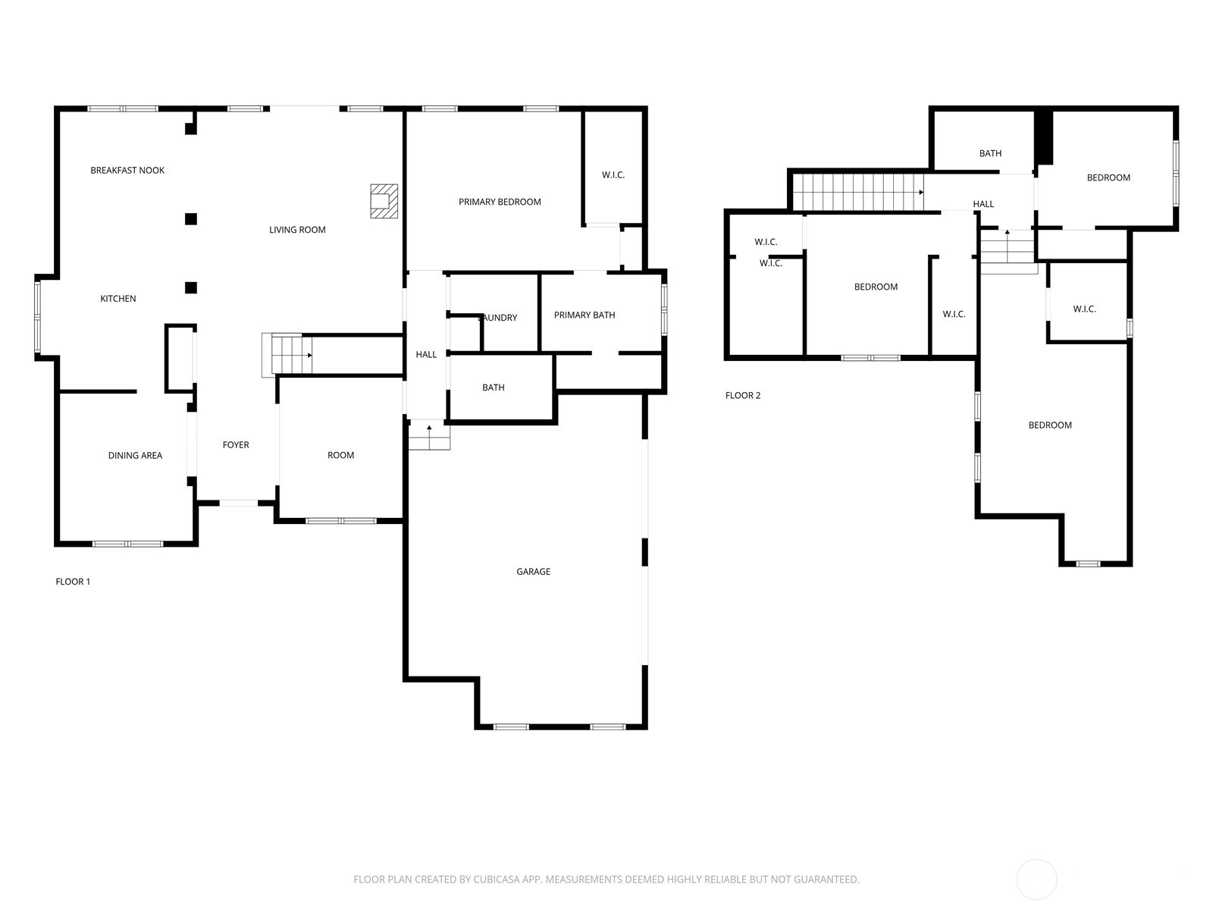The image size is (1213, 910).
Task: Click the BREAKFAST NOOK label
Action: [x=127, y=170]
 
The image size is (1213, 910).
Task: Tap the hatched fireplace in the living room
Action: [x=384, y=201]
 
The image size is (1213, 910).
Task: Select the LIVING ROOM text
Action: [x=297, y=230]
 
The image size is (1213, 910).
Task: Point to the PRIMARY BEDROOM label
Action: [x=500, y=202]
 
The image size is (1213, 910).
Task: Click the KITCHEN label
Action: [x=118, y=299]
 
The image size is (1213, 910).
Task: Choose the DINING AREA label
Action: [x=136, y=456]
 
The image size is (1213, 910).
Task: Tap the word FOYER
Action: [x=236, y=445]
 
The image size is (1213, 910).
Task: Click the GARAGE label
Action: [x=533, y=572]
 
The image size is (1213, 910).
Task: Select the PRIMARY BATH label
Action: [x=585, y=315]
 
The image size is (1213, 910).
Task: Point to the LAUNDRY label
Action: [x=498, y=318]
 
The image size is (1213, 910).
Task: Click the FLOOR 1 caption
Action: [x=72, y=582]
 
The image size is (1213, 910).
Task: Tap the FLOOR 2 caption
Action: [x=743, y=396]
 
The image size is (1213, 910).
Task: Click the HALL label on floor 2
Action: [x=983, y=205]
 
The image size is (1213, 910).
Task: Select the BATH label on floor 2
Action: [x=990, y=154]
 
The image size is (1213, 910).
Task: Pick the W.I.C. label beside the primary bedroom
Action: [x=613, y=175]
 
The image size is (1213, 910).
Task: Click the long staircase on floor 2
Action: [x=858, y=193]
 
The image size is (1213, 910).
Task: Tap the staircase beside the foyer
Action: [x=287, y=355]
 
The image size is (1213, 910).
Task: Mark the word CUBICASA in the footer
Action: [x=497, y=879]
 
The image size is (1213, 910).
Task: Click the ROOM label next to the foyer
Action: [x=340, y=455]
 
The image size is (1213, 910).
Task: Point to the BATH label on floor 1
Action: [x=494, y=388]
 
